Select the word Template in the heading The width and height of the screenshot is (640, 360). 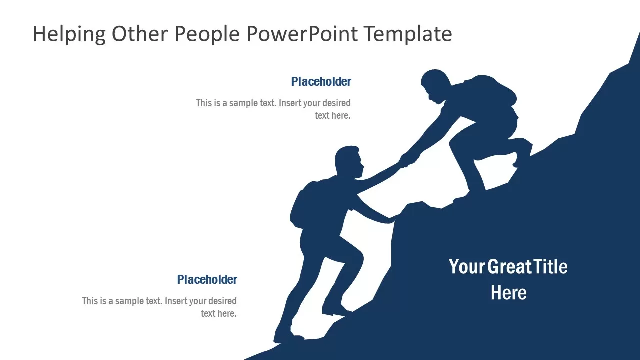pyautogui.click(x=407, y=34)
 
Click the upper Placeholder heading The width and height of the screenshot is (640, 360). pyautogui.click(x=321, y=82)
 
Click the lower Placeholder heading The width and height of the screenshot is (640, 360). pyautogui.click(x=207, y=280)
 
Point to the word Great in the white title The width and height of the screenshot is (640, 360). pyautogui.click(x=508, y=267)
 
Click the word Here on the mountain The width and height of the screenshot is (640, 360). pyautogui.click(x=508, y=293)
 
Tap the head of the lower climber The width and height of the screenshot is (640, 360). pyautogui.click(x=348, y=161)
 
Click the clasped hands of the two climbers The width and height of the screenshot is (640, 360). pyautogui.click(x=407, y=160)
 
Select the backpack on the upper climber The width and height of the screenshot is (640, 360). pyautogui.click(x=492, y=90)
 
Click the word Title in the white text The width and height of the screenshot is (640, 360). pyautogui.click(x=550, y=267)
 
